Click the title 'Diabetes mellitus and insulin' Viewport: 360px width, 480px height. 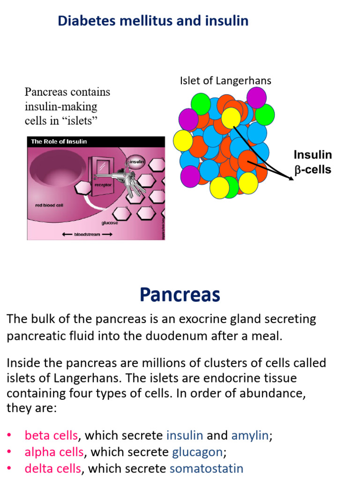[153, 21]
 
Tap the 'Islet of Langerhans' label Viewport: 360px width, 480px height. [225, 81]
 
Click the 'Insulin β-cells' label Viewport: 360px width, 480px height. [312, 162]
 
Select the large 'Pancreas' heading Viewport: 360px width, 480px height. [180, 295]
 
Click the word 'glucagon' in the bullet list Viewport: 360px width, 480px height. [197, 452]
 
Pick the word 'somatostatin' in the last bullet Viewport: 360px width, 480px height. [206, 468]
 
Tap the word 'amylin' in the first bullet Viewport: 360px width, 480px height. [250, 435]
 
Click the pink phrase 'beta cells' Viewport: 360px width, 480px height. [51, 435]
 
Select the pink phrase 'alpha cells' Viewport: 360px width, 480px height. [54, 452]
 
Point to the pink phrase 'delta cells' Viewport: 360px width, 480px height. [53, 468]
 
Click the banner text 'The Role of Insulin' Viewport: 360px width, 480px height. [59, 142]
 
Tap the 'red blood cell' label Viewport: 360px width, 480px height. [50, 205]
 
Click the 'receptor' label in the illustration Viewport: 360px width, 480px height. [103, 185]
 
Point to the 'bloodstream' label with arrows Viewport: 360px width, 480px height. [87, 234]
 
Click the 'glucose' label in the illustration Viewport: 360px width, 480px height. [110, 223]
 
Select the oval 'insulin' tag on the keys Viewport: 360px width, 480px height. [136, 162]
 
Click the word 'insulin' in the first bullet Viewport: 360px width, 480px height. [185, 435]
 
